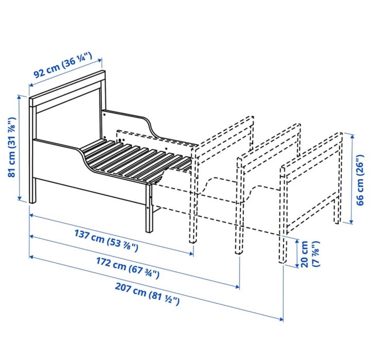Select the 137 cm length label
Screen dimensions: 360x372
coord(106,241)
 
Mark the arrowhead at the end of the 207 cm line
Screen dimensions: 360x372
coord(281,320)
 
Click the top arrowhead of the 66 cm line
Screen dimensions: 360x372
coord(353,135)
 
